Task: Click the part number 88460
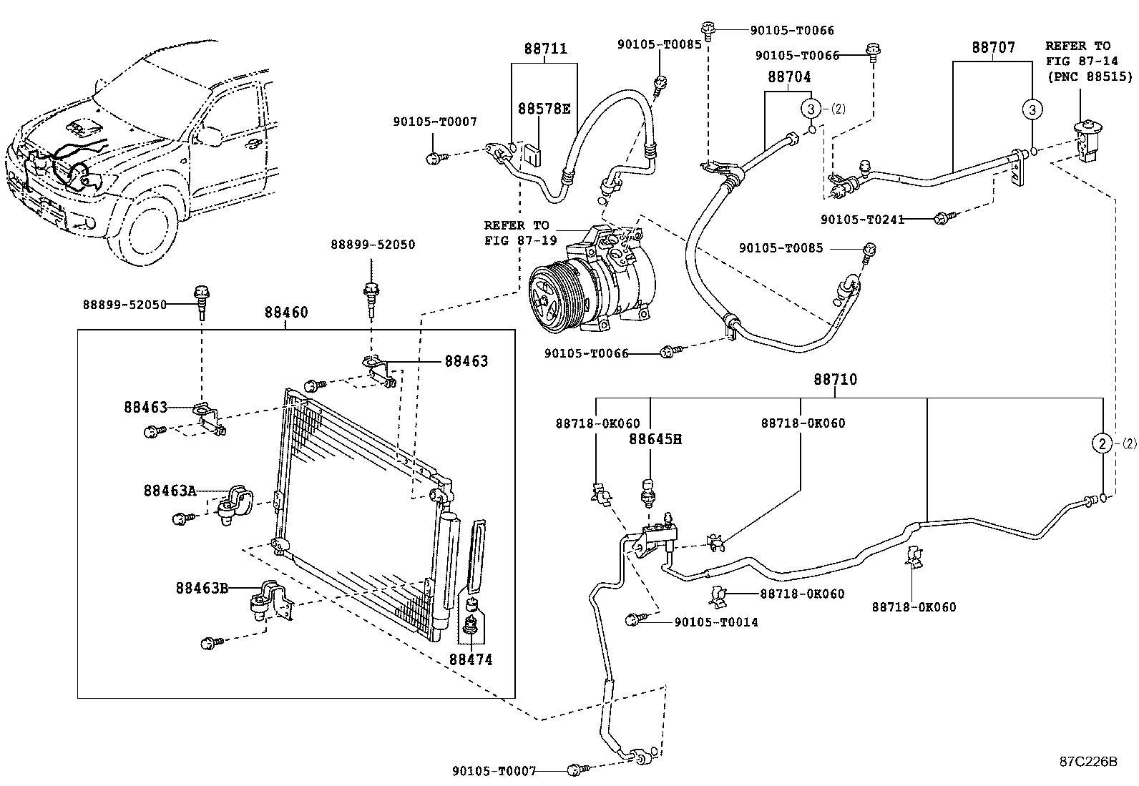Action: coord(285,313)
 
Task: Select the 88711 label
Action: coord(545,49)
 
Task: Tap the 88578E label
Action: coord(544,109)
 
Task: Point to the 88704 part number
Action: coord(789,77)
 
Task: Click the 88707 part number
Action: coord(993,48)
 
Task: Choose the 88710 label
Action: coord(834,379)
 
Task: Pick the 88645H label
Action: coord(655,439)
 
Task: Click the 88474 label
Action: coord(471,659)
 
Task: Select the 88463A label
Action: coord(170,491)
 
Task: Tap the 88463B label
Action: coord(202,588)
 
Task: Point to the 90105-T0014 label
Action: coord(716,622)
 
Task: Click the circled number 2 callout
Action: coord(1103,443)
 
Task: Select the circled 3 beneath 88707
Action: coord(1032,109)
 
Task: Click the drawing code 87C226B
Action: coord(1087,761)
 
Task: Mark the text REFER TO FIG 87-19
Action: coord(516,232)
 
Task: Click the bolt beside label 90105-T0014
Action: coord(633,619)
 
